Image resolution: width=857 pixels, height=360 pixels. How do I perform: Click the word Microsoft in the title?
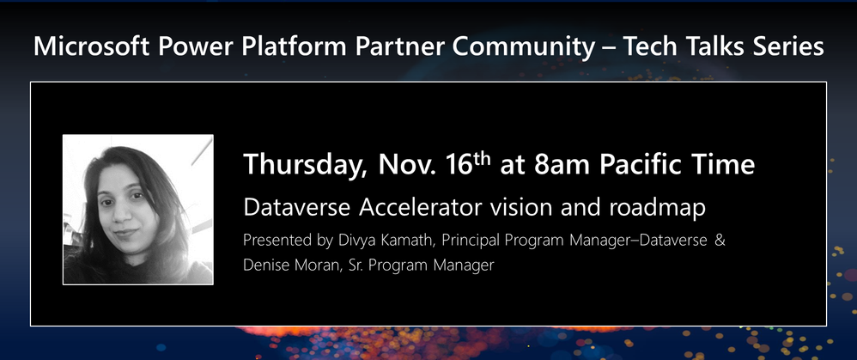point(91,46)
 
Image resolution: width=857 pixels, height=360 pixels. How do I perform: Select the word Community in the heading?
point(523,47)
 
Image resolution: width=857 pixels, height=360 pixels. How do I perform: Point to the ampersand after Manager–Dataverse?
point(720,240)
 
